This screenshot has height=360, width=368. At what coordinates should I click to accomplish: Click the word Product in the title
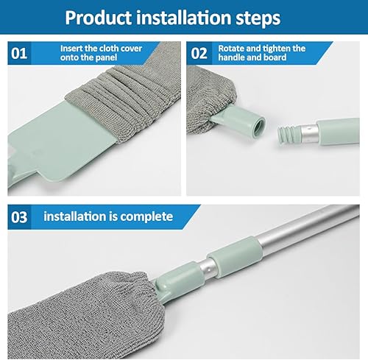pyautogui.click(x=99, y=18)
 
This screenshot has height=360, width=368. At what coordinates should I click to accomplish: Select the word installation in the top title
pyautogui.click(x=183, y=17)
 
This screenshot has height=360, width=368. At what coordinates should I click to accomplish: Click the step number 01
pyautogui.click(x=19, y=53)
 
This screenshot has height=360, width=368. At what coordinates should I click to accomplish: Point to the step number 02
pyautogui.click(x=199, y=53)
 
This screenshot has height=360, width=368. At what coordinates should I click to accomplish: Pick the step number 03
pyautogui.click(x=19, y=217)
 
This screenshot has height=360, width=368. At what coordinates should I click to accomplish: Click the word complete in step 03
pyautogui.click(x=146, y=217)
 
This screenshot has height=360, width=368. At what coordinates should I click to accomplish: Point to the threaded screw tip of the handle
pyautogui.click(x=286, y=135)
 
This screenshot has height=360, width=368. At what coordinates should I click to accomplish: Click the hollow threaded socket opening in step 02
pyautogui.click(x=259, y=127)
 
